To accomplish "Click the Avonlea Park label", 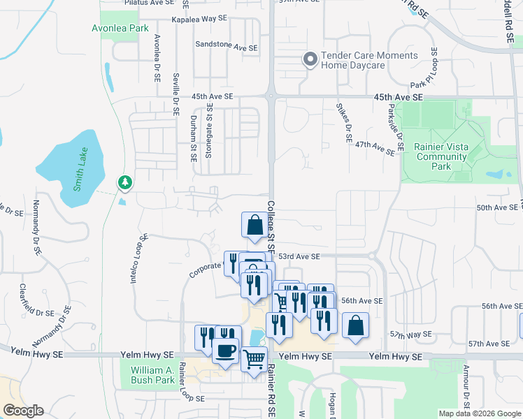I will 120,29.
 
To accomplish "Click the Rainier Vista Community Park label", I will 441,156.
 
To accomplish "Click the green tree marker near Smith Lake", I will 125,183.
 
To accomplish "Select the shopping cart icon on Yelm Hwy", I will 254,358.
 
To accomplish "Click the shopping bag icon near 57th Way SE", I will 355,326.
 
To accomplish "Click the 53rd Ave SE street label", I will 299,257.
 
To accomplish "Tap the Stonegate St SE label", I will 208,132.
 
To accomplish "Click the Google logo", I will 23,411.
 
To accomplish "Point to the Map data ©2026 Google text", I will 479,413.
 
